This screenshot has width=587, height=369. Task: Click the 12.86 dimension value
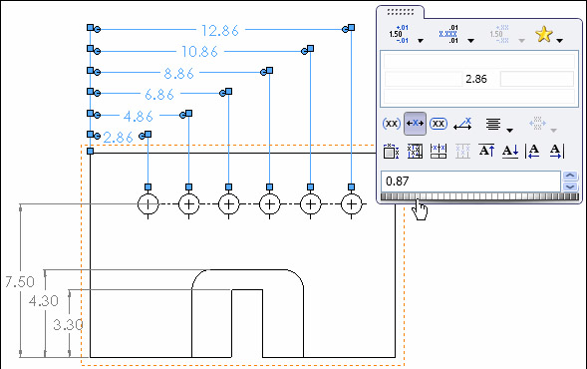click(218, 30)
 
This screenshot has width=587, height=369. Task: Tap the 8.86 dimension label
click(180, 73)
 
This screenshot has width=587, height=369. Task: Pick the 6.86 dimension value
click(160, 94)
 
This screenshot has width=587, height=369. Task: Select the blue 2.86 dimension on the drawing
click(118, 137)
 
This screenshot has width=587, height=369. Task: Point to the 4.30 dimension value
click(43, 299)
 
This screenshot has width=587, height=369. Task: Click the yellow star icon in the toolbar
click(544, 35)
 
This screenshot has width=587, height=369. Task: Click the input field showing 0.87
click(468, 181)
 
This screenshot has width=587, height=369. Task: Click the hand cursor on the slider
click(423, 209)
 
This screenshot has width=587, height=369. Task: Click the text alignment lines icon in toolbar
click(492, 125)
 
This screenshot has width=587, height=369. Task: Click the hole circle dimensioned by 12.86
click(351, 204)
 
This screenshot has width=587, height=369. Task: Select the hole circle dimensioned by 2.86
click(147, 204)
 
